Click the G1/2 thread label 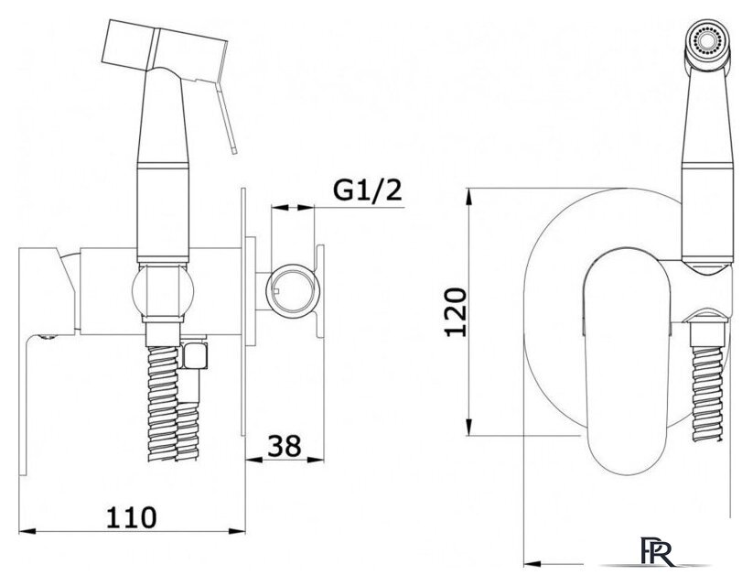368,190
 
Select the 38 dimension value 285,446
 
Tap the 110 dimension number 131,517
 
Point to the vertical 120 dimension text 456,312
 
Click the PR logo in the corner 657,552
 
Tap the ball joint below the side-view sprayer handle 163,291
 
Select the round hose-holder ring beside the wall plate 293,291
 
